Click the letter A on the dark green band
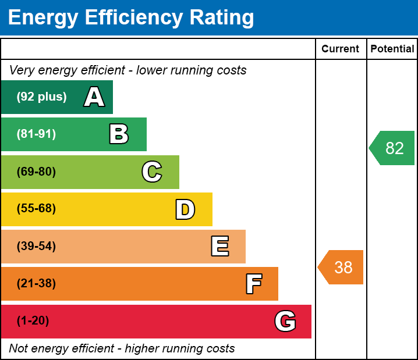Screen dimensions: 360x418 (x=94, y=97)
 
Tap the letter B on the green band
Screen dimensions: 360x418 (x=119, y=134)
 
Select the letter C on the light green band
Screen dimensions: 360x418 (x=152, y=172)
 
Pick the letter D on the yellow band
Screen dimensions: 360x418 (x=185, y=209)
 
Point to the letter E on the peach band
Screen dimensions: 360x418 (x=219, y=247)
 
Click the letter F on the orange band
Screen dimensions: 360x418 (x=253, y=284)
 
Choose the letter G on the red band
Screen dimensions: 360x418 (x=285, y=321)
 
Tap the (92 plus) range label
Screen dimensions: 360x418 (x=41, y=97)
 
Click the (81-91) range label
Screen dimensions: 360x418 (x=36, y=134)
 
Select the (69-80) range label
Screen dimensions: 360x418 (x=36, y=172)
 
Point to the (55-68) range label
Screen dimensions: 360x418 (x=36, y=209)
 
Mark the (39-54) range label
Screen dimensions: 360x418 (x=36, y=247)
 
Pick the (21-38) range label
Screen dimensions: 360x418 (x=36, y=284)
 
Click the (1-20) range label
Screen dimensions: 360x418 (x=33, y=321)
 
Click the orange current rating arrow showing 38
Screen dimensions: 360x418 (x=342, y=268)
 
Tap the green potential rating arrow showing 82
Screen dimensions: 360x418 (x=393, y=148)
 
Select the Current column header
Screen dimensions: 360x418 (x=341, y=49)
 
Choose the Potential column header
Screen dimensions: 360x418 (x=392, y=49)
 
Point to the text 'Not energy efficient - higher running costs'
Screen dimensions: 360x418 (x=122, y=349)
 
